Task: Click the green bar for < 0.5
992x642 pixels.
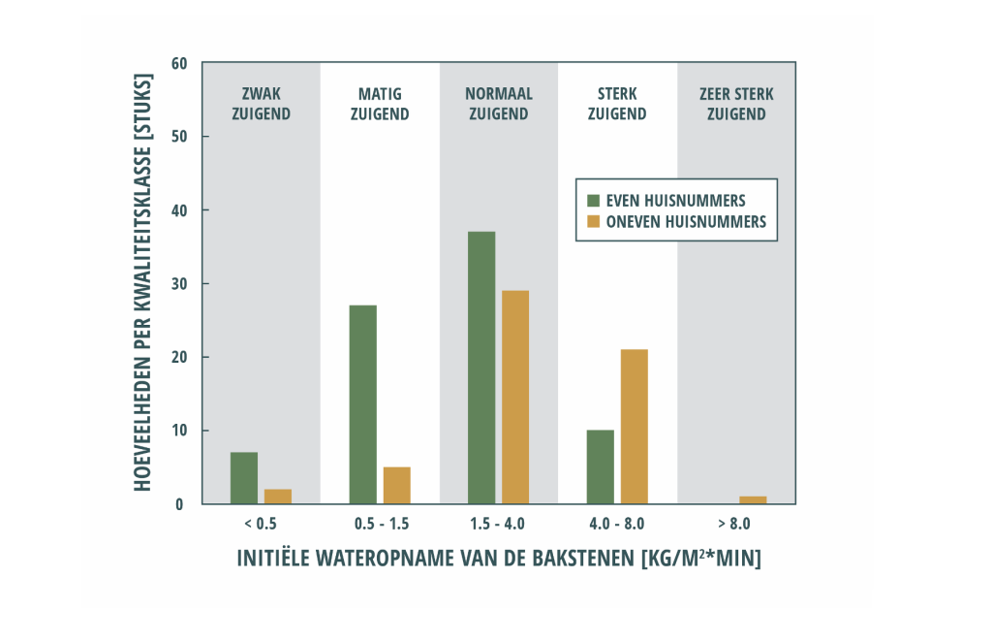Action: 244,478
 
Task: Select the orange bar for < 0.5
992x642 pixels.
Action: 278,497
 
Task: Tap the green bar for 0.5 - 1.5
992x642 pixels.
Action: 362,404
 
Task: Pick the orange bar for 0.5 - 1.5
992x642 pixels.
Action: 397,486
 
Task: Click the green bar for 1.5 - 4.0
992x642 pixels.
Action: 481,368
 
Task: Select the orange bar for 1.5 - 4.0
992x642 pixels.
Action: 515,397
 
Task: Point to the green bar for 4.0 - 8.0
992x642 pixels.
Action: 600,466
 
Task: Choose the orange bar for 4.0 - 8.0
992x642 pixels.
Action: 634,427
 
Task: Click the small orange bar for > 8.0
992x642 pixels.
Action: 753,500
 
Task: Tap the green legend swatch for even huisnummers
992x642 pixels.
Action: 593,201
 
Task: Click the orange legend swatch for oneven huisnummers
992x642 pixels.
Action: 593,221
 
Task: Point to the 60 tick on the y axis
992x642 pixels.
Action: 178,63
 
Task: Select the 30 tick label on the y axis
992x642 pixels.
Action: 178,283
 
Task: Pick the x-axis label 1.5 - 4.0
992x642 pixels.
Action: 499,525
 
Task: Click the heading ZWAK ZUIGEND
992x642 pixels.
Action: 261,104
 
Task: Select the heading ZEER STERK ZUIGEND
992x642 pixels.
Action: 736,104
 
